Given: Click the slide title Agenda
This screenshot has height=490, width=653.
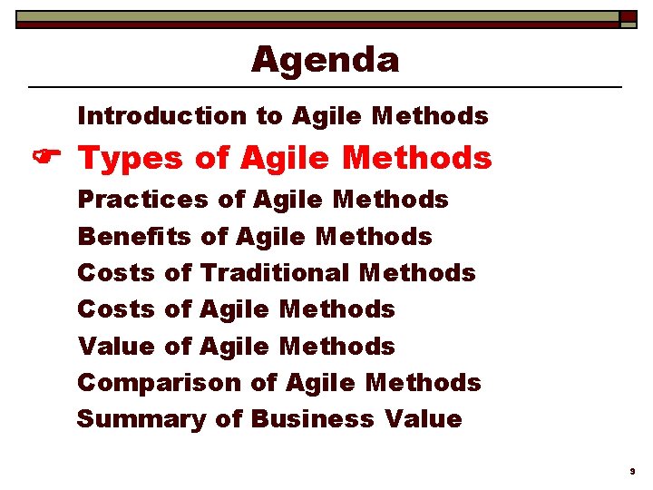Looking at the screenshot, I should [325, 61].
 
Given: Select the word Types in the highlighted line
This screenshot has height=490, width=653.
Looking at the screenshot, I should [131, 160].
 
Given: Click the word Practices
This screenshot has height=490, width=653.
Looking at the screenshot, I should [142, 199].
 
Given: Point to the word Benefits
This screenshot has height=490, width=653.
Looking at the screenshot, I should [134, 236].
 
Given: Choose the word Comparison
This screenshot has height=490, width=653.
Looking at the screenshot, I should [160, 383].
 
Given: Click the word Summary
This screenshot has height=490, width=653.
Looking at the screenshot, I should [141, 420].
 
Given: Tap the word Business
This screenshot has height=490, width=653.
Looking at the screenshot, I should [311, 419].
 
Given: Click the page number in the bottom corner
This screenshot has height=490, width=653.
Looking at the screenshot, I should [632, 472].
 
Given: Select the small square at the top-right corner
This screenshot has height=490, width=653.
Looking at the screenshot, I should [628, 18].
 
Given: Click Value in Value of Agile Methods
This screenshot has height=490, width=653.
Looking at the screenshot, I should [116, 346].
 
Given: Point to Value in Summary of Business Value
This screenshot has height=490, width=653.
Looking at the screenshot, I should [423, 419].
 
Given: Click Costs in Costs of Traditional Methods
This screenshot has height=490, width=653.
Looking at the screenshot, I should [116, 272].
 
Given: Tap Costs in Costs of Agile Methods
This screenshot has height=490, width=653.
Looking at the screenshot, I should [116, 309].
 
